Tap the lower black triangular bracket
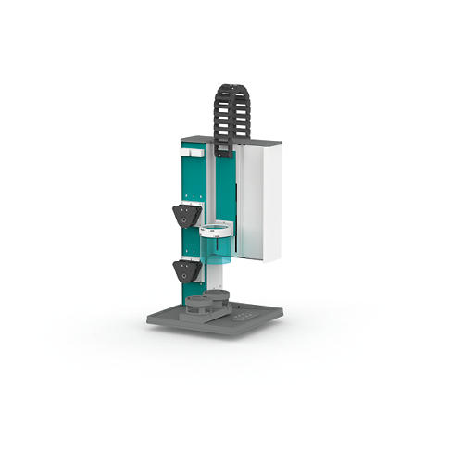coord(187,271)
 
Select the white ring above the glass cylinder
coord(215,228)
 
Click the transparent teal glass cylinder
coord(215,246)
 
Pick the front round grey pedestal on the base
coord(198,306)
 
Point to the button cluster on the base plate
coord(245,316)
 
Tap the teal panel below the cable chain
coord(225,185)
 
